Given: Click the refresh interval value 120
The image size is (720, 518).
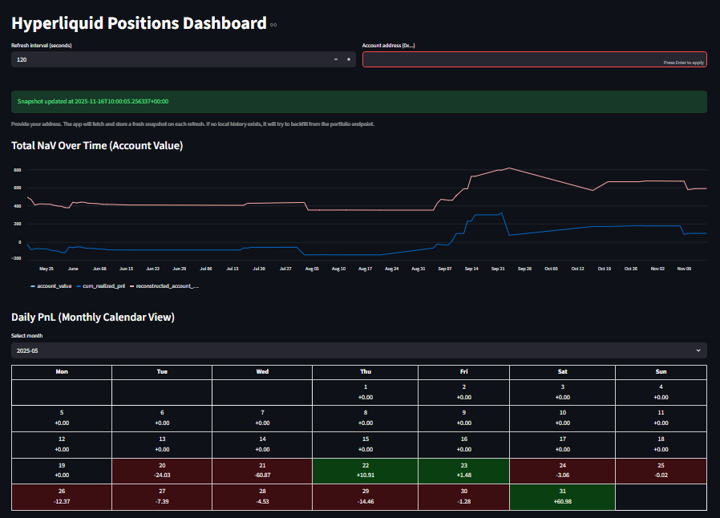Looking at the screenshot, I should [22, 59].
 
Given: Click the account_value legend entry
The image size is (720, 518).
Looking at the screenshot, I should [53, 285].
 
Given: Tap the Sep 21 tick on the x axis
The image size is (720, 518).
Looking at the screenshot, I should [498, 269].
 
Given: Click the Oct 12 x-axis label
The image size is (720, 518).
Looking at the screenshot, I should [577, 269].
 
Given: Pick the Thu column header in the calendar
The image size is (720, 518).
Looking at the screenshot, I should [365, 372].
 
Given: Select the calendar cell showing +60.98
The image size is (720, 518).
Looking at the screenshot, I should [561, 497].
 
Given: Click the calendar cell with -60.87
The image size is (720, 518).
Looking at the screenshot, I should [262, 471].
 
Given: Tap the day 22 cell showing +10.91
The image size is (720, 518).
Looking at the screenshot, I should [365, 471].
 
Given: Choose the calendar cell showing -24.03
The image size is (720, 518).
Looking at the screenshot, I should [162, 471].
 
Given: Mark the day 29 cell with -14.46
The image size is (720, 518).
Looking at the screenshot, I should [365, 497].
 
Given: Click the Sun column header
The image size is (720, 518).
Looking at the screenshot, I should [661, 372].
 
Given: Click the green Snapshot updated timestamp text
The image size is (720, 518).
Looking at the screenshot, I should [93, 102].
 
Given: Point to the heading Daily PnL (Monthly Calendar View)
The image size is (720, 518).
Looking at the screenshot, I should [93, 318].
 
